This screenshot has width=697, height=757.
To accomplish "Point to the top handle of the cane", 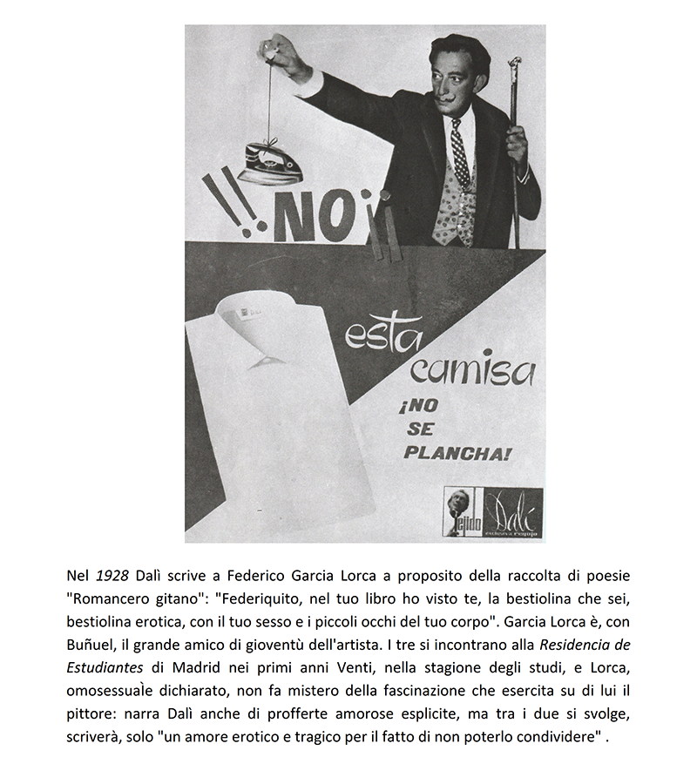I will point(515,65).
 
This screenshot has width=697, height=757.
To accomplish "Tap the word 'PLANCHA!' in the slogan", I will point(457,453).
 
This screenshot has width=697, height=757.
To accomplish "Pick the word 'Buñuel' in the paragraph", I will point(93,645).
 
